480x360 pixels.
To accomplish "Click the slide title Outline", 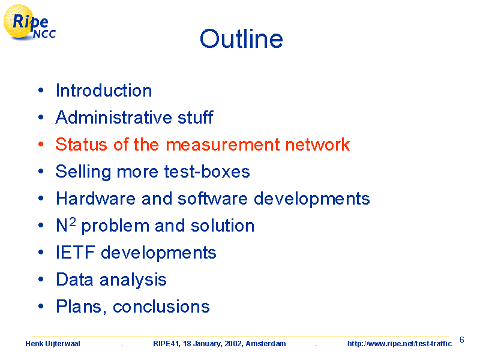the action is coord(241,39).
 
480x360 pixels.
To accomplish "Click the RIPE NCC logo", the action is coord(29,23).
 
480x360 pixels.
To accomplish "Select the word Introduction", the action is coord(104,91).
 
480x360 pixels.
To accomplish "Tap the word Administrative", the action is coord(113,117).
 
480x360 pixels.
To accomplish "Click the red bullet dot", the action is coord(41,144).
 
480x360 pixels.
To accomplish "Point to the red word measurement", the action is coord(223,145).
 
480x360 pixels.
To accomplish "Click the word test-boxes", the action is coord(207,172).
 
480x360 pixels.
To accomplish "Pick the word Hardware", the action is coord(95,199).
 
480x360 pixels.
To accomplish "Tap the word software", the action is coord(212,199).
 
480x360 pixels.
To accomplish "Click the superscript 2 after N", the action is coord(72,221).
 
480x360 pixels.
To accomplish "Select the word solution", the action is coord(223,226).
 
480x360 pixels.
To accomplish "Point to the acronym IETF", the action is coord(76,253).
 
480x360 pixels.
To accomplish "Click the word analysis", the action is coord(133,280).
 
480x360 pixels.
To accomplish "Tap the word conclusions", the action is coord(161,307).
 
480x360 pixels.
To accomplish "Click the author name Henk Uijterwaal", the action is coord(53,344).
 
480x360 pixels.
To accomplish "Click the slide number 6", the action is coord(462,340).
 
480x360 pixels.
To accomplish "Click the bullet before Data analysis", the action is coord(41,279).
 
